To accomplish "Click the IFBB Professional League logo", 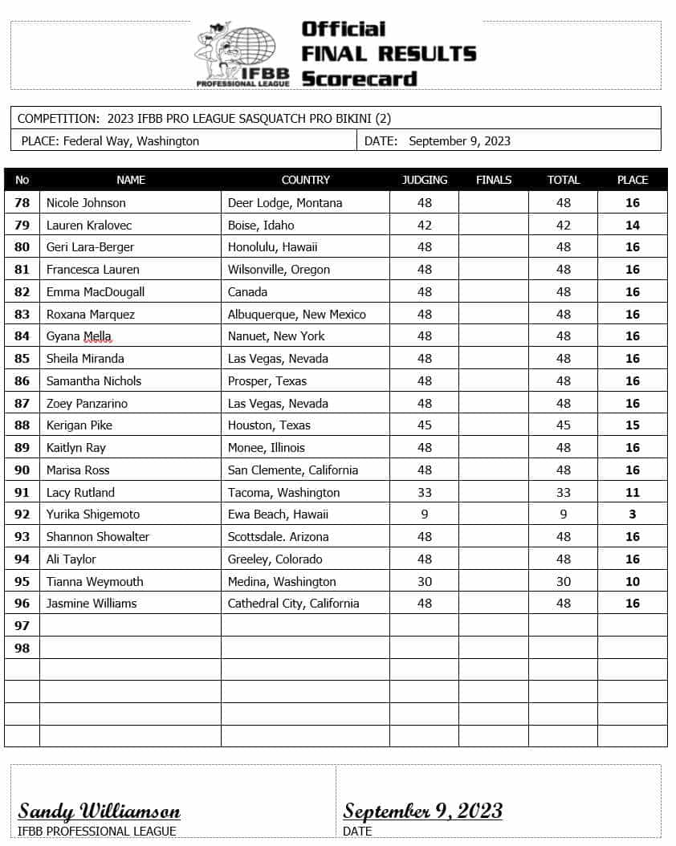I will (x=237, y=55).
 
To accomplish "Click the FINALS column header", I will (x=493, y=180).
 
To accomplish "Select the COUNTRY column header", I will (x=305, y=180).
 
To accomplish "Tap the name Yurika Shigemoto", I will (x=92, y=515).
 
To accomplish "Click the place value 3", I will (x=633, y=515).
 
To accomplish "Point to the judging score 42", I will (x=424, y=226).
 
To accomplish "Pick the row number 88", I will (x=22, y=425).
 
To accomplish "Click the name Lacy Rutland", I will (x=80, y=493).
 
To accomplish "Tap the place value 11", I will (x=633, y=493).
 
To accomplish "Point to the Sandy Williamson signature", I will (x=100, y=811).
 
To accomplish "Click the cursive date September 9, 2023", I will (x=423, y=811).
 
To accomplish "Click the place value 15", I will (x=633, y=425).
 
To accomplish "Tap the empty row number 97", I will (x=22, y=625).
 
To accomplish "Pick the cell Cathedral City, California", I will (x=293, y=604).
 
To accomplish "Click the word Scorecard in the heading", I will (x=359, y=79).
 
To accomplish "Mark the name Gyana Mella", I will (x=79, y=336).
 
